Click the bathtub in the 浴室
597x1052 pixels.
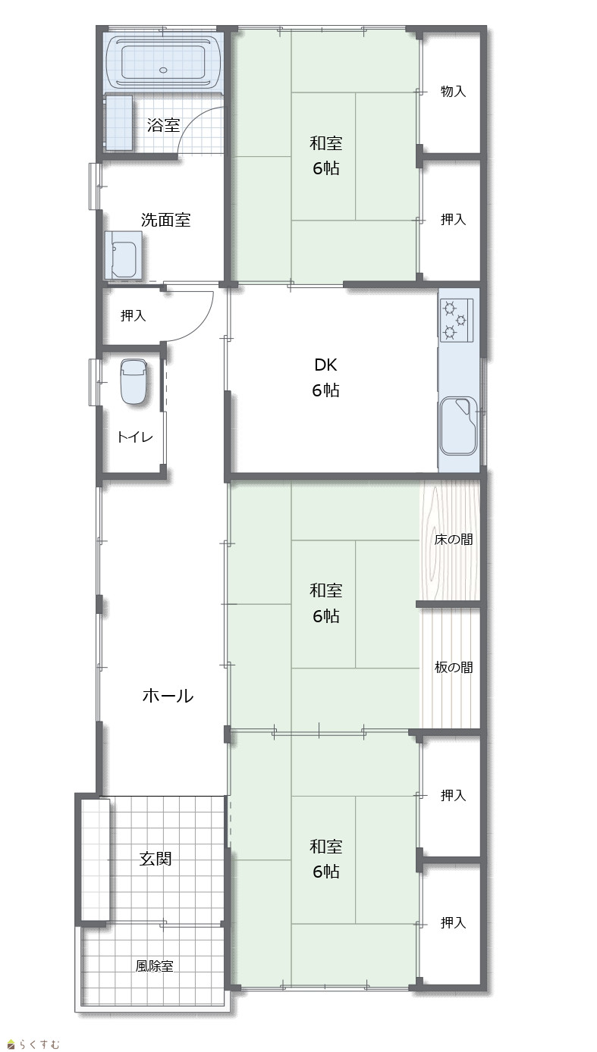click(164, 62)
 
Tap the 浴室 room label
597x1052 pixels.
click(164, 125)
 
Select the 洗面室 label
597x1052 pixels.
click(166, 220)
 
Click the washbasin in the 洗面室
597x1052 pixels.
click(124, 256)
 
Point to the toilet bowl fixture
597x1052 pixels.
click(134, 381)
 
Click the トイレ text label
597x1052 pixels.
click(135, 437)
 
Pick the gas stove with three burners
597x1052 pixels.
click(457, 321)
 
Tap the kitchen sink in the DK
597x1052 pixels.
click(458, 427)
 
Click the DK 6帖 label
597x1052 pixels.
click(325, 377)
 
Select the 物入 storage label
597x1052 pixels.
click(453, 91)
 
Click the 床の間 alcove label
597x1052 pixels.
click(453, 540)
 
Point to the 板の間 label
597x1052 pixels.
click(453, 668)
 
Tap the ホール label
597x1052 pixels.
click(168, 696)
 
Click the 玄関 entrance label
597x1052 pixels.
click(156, 859)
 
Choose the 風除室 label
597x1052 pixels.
click(155, 966)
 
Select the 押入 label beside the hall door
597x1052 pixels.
click(133, 315)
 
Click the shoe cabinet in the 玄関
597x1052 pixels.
click(96, 859)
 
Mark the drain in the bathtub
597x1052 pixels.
click(163, 70)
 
